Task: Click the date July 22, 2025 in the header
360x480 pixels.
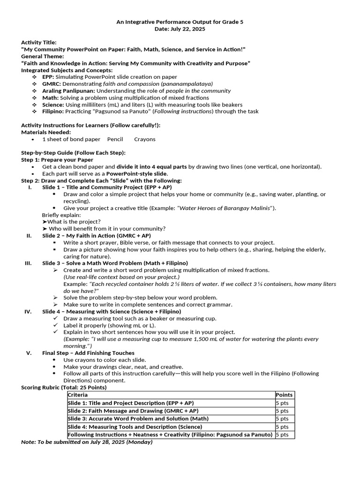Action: point(180,29)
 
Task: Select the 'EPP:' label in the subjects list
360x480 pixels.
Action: point(48,77)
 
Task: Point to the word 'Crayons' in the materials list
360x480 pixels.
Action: point(145,139)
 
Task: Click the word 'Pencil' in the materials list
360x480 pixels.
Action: point(115,139)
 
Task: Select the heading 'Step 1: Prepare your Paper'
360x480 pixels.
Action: point(57,160)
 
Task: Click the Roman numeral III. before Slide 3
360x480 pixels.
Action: point(28,263)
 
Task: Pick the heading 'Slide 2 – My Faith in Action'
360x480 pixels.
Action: point(96,236)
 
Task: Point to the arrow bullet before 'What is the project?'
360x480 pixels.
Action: point(45,222)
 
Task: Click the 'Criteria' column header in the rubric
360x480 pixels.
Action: point(78,395)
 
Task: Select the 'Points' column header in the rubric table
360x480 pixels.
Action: point(284,395)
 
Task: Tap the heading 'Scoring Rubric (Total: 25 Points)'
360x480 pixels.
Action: point(64,387)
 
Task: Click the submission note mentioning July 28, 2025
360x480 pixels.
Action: point(87,442)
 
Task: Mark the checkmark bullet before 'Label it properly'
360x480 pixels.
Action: point(55,325)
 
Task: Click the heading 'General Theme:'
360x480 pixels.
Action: point(43,56)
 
